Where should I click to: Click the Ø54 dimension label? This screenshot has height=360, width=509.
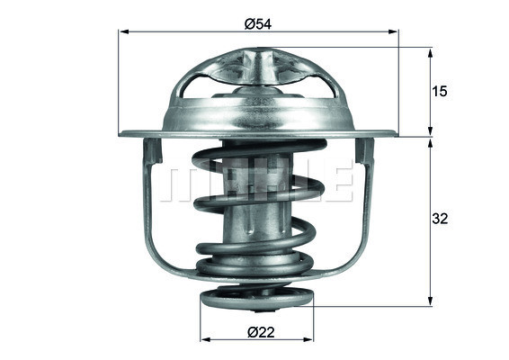pyautogui.click(x=259, y=23)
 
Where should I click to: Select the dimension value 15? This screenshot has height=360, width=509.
pyautogui.click(x=440, y=91)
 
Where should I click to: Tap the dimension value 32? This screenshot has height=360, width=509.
pyautogui.click(x=440, y=219)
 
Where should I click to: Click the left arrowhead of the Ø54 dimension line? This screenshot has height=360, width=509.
pyautogui.click(x=123, y=32)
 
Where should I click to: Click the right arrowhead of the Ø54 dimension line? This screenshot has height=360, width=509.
pyautogui.click(x=394, y=32)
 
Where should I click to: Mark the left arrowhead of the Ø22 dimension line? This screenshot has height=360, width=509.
pyautogui.click(x=202, y=339)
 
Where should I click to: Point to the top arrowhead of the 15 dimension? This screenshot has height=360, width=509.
pyautogui.click(x=430, y=52)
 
